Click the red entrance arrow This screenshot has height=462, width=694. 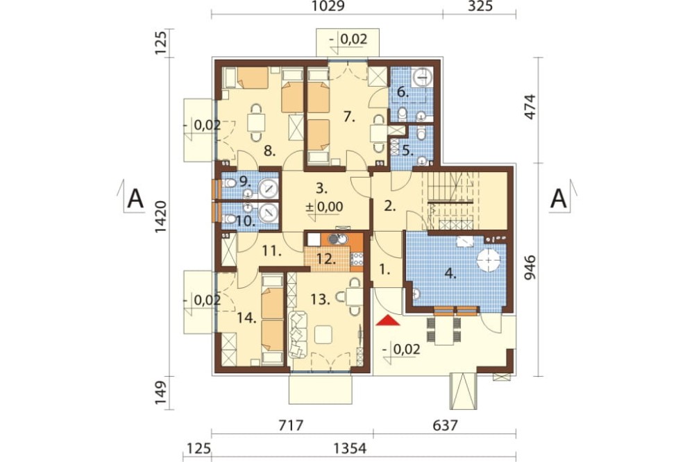click(388, 320)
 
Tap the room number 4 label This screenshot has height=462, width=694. click(450, 273)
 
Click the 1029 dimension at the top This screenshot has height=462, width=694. click(328, 7)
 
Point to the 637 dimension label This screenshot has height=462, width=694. click(445, 426)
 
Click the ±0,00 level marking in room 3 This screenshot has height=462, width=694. click(325, 207)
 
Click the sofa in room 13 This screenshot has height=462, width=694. click(298, 334)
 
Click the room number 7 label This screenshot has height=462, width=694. click(349, 117)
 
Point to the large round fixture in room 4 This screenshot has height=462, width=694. click(488, 259)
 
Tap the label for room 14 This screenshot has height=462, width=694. click(246, 318)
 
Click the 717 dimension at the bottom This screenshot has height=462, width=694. click(291, 426)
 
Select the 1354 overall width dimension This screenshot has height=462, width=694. click(350, 449)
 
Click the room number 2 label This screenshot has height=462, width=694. click(389, 206)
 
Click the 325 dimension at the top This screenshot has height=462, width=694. click(480, 7)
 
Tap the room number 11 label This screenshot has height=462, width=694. click(272, 252)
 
